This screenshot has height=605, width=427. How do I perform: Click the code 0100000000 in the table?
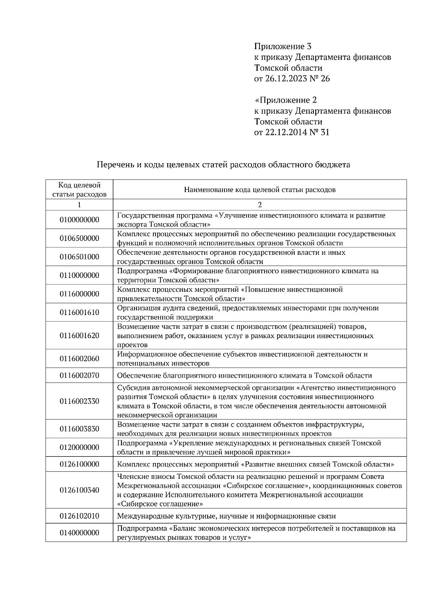tap(79, 220)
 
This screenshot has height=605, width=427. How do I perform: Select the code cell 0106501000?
tap(79, 257)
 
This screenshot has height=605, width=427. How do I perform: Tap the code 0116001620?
tap(79, 336)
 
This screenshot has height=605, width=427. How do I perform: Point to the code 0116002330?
tap(79, 401)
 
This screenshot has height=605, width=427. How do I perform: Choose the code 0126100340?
tap(79, 490)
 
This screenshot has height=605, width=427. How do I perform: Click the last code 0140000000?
tap(79, 533)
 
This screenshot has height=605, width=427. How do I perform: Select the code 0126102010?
tap(79, 516)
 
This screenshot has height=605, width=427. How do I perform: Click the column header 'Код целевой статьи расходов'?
tap(79, 190)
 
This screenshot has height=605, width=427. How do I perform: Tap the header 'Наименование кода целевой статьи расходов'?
tap(260, 190)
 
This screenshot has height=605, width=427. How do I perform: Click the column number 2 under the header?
tap(260, 205)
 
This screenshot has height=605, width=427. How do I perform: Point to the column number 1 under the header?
tap(79, 205)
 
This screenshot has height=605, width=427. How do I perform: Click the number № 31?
tap(320, 133)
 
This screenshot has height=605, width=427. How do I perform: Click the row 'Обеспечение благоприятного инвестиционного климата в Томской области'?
tap(244, 376)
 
